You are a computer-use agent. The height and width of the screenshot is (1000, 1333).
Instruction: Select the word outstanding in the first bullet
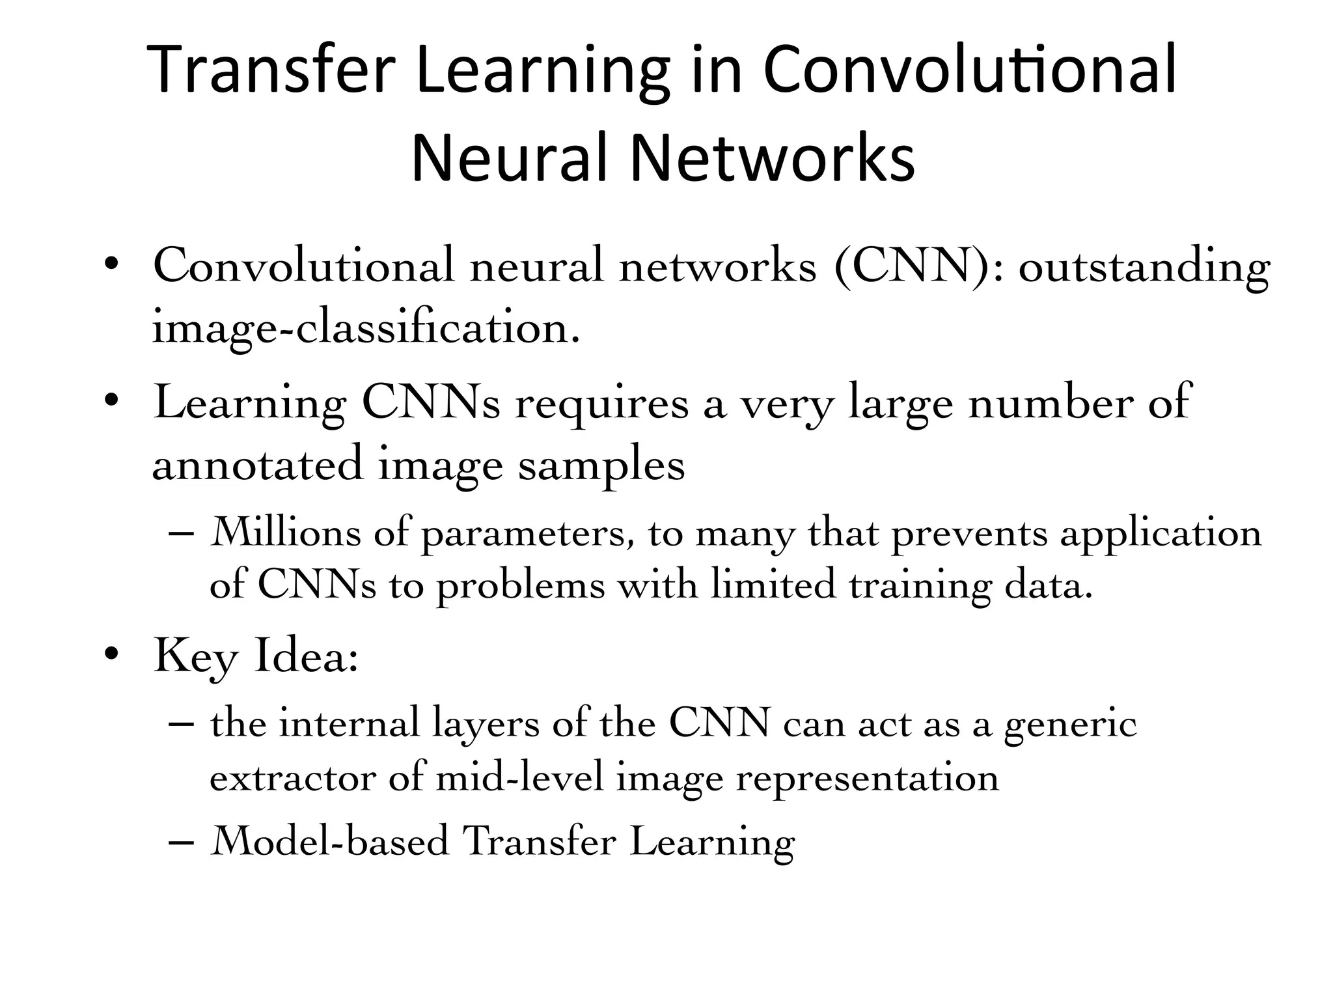pyautogui.click(x=1144, y=268)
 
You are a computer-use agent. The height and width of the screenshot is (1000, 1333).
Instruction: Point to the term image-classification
pyautogui.click(x=365, y=329)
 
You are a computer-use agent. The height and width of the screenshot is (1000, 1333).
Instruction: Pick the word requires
pyautogui.click(x=601, y=404)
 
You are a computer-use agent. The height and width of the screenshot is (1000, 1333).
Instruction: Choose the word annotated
pyautogui.click(x=257, y=464)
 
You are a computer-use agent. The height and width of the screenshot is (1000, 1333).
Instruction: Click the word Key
pyautogui.click(x=195, y=658)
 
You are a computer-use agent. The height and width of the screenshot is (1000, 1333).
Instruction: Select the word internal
pyautogui.click(x=349, y=723)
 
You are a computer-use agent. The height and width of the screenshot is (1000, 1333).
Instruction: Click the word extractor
pyautogui.click(x=293, y=778)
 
